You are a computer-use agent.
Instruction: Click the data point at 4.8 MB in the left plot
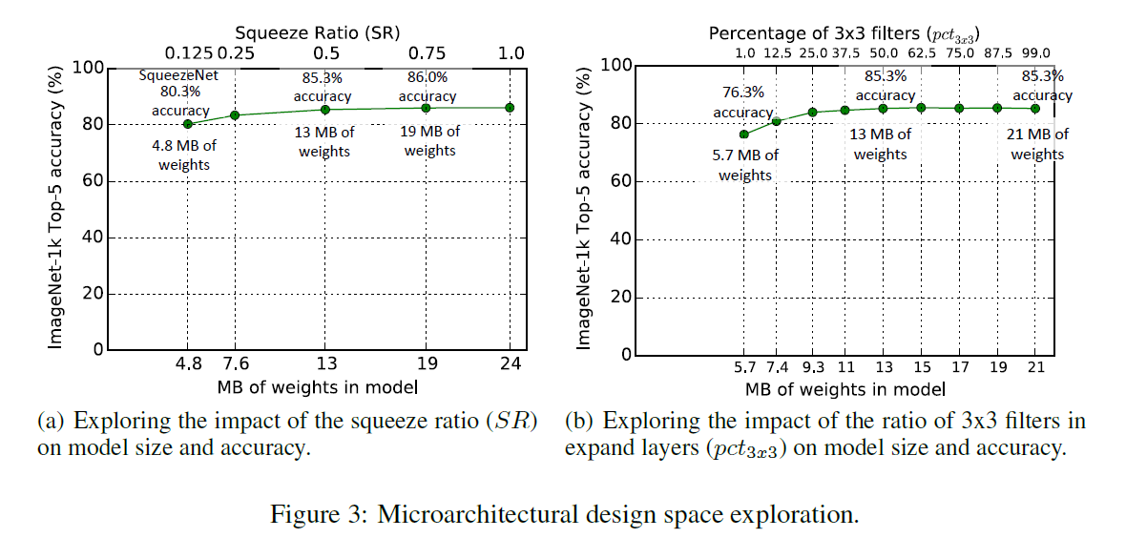(x=188, y=124)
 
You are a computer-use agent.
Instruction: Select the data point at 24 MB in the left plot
(x=510, y=108)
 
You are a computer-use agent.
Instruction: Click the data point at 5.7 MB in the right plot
(x=744, y=134)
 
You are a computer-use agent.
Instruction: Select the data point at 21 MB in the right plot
(x=1035, y=109)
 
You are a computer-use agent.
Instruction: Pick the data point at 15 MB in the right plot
(x=921, y=108)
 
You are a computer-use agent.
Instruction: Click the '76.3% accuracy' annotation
(x=742, y=102)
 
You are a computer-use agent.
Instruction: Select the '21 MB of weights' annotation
(x=1038, y=144)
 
